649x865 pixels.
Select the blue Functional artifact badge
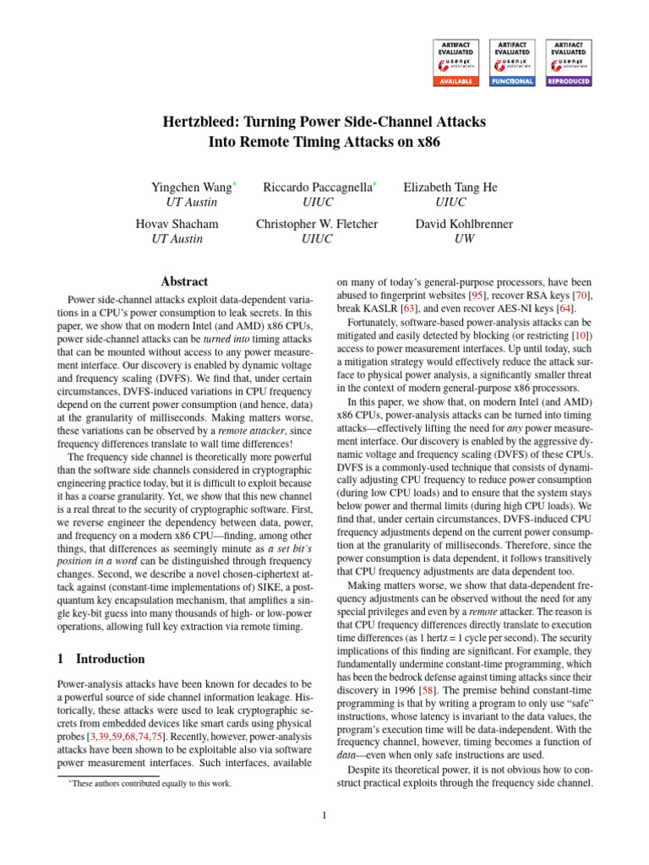[512, 62]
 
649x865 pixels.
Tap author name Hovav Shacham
[177, 224]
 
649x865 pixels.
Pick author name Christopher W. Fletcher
[317, 224]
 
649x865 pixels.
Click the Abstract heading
[184, 281]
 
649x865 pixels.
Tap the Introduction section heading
[109, 659]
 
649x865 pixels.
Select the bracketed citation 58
[439, 666]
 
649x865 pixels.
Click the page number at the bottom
[324, 815]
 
